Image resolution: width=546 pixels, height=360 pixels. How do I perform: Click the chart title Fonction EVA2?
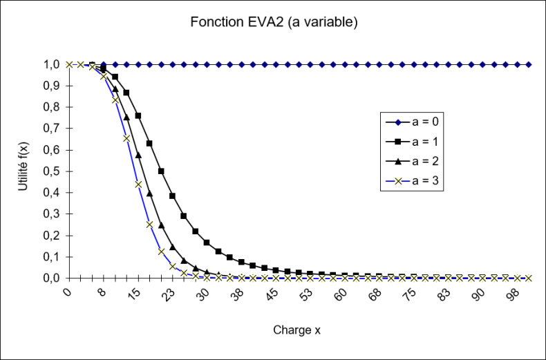(x=274, y=22)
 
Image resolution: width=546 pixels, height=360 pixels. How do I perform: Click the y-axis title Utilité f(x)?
(x=23, y=171)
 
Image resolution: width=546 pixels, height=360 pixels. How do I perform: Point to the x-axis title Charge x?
(x=297, y=330)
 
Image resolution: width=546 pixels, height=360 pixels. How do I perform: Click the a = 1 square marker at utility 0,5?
(x=161, y=171)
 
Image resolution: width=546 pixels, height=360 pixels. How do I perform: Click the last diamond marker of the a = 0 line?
(x=529, y=64)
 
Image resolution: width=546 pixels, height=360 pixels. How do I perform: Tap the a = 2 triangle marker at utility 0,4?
(x=149, y=193)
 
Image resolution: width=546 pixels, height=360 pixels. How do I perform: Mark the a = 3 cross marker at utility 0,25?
(x=149, y=224)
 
